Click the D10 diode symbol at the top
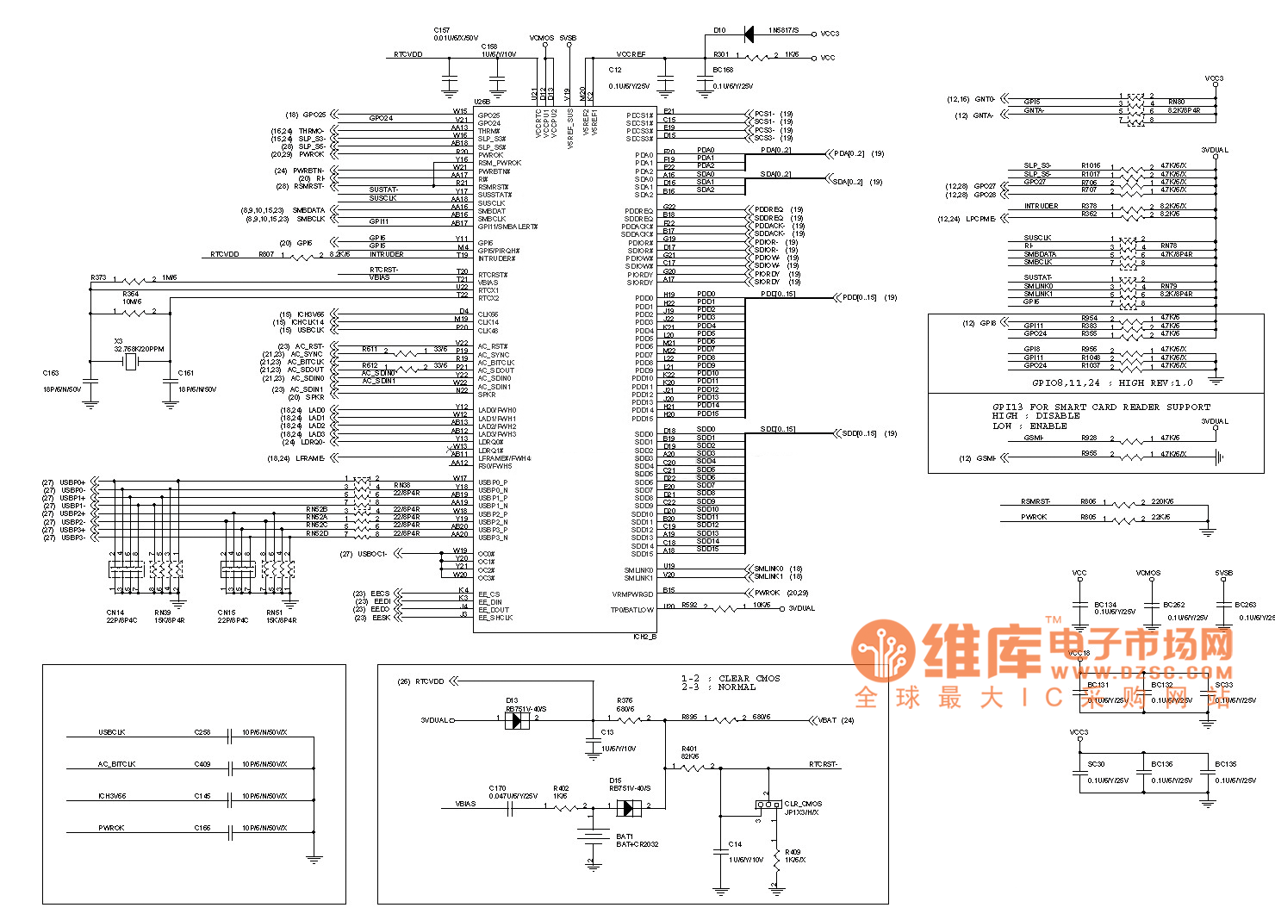coord(749,34)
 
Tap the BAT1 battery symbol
coord(592,836)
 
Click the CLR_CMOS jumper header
coord(768,804)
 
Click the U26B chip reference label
coord(482,103)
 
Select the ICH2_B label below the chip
coord(644,637)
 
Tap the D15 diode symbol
coord(631,807)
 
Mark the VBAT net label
coord(827,719)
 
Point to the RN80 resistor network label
coord(1176,102)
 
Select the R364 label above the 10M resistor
coord(130,294)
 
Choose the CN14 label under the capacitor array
coord(115,613)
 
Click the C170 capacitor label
coord(497,788)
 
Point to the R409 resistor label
coord(792,852)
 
